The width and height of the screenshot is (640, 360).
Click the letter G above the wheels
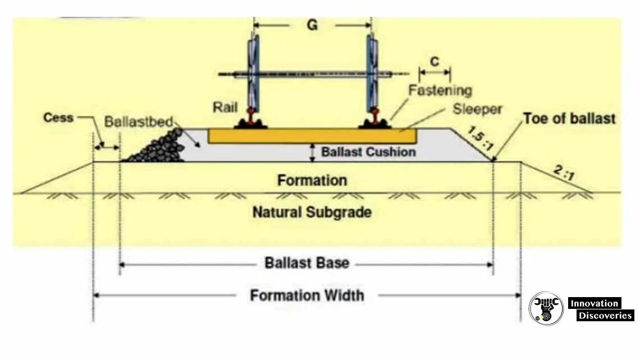[312, 26]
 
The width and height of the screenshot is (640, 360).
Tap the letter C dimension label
[434, 61]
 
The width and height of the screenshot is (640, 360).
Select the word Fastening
[440, 90]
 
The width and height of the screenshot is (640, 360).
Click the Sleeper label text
[477, 109]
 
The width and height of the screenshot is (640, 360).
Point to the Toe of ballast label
[569, 119]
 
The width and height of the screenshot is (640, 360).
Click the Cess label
[58, 118]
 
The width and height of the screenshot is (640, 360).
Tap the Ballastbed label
[138, 122]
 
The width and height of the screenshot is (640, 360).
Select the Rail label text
[225, 107]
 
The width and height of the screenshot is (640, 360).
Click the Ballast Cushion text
[369, 152]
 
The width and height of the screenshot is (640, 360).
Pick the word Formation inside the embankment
[312, 180]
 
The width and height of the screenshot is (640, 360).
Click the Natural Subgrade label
[312, 212]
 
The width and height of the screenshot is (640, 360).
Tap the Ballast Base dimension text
[307, 263]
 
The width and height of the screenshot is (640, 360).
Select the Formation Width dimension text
[307, 295]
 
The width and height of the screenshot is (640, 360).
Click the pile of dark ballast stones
[158, 147]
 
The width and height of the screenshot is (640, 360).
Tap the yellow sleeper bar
[312, 135]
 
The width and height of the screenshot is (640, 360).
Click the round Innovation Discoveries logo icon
[546, 308]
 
